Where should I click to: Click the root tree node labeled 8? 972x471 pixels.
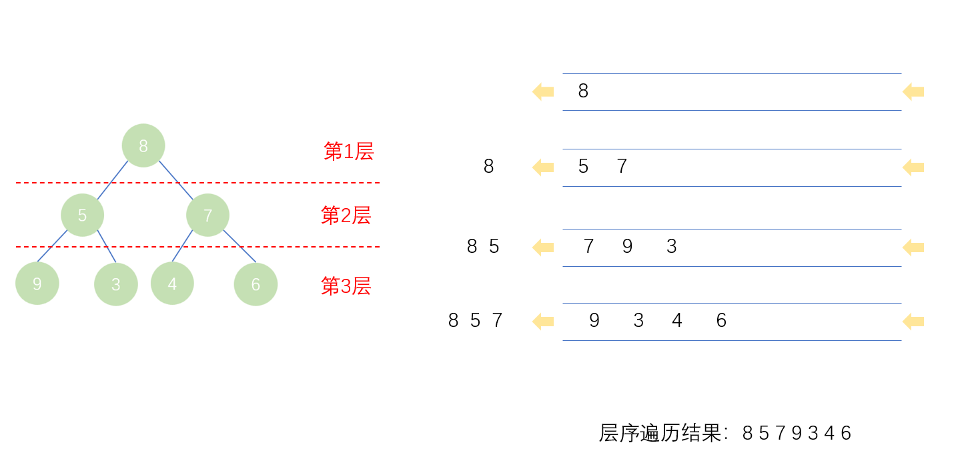(x=143, y=145)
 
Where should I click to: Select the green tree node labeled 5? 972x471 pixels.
(x=82, y=215)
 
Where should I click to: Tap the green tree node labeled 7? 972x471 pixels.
(x=207, y=215)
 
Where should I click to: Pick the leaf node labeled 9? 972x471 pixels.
(x=37, y=284)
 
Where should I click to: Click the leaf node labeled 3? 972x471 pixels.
(x=116, y=284)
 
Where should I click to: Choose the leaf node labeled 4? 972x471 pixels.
(x=172, y=284)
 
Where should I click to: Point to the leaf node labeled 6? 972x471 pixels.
(x=256, y=284)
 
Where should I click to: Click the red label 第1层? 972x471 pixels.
(x=348, y=151)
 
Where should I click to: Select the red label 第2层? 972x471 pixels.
(x=346, y=215)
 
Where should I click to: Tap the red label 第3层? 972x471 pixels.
(x=346, y=286)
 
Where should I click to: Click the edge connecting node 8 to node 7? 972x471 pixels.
(x=175, y=180)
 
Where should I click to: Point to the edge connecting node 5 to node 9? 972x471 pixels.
(x=53, y=246)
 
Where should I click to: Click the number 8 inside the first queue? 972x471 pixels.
(x=583, y=91)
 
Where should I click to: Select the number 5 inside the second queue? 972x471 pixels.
(x=583, y=167)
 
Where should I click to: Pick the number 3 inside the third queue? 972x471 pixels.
(x=671, y=247)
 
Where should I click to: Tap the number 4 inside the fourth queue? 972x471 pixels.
(x=677, y=321)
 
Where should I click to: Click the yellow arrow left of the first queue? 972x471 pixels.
(x=543, y=91)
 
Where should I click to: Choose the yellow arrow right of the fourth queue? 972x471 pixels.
(x=913, y=322)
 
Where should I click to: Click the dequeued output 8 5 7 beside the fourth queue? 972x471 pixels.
(x=475, y=321)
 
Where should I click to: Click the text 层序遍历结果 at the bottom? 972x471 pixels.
(x=660, y=433)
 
